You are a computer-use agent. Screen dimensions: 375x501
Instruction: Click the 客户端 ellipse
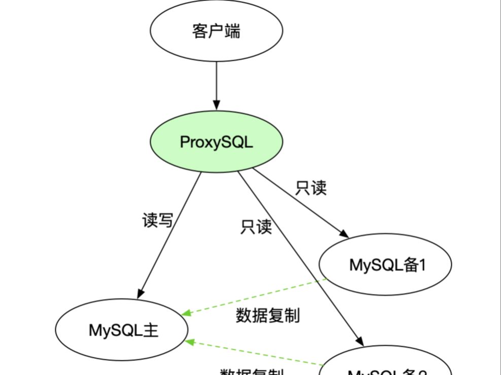point(216,31)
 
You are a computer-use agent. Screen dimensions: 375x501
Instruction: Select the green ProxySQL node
point(216,142)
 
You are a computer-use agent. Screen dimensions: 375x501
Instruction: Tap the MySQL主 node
point(124,330)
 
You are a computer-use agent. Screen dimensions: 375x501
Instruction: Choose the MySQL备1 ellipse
point(386,265)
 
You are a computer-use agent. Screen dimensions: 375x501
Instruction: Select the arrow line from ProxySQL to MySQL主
point(170,233)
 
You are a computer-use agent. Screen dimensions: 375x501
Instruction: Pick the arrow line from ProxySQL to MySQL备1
point(299,203)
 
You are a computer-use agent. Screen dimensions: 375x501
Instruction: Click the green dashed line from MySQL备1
point(254,297)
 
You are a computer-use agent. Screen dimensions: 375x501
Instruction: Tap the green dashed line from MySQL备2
point(254,353)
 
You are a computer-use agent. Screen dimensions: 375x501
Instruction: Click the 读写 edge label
point(157,221)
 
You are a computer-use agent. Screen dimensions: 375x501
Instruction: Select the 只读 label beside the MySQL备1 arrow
point(311,188)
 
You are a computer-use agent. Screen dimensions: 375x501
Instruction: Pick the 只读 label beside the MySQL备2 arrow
point(256,227)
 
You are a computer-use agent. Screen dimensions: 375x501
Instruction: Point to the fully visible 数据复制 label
point(268,315)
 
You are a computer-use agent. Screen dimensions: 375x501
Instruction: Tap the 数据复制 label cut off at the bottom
point(252,371)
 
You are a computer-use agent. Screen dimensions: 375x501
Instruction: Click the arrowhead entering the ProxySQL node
point(216,105)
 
